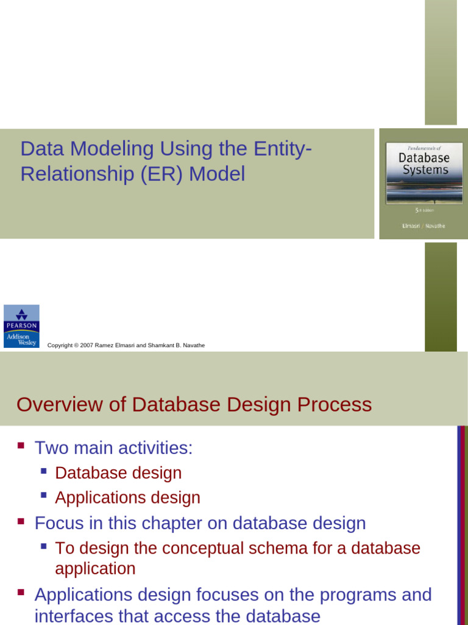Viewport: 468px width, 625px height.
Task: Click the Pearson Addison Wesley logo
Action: point(21,326)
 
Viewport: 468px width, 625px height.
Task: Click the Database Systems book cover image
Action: point(424,184)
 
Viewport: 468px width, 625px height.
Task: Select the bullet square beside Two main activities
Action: point(21,446)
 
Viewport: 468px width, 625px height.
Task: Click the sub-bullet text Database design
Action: point(118,473)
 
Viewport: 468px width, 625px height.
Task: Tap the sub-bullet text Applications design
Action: point(127,498)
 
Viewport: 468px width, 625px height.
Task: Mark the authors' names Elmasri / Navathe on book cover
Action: point(424,226)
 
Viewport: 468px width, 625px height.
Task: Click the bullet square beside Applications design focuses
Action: point(21,592)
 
